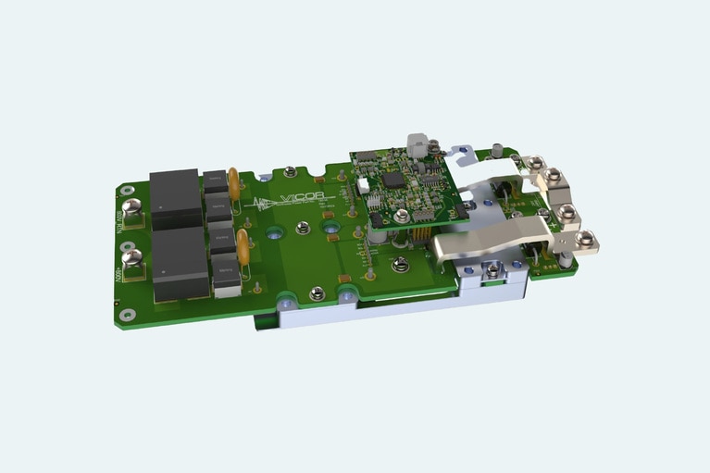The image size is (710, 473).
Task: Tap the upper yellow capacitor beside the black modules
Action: [x=235, y=182]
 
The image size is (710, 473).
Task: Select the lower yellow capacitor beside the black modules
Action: [x=243, y=246]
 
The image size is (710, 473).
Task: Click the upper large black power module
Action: [x=176, y=199]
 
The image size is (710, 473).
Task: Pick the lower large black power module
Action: [x=181, y=263]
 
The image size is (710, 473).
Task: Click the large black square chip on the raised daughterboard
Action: [x=393, y=179]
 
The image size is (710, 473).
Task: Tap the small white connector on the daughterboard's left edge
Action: [x=364, y=185]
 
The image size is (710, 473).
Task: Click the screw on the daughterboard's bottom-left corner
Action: [x=401, y=216]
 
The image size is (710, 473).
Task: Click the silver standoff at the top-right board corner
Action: [x=498, y=150]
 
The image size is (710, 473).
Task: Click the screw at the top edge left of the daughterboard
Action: [x=290, y=171]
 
